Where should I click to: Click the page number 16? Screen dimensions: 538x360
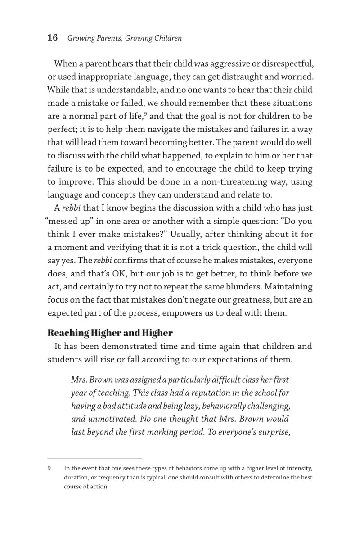(53, 38)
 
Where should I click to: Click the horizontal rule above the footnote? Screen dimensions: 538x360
(94, 458)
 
